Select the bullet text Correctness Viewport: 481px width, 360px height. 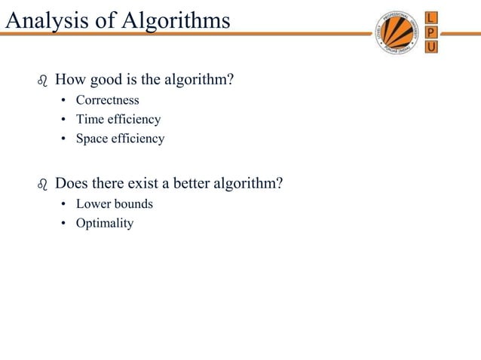point(107,100)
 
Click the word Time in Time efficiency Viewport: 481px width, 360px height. point(89,119)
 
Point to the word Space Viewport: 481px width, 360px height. point(92,139)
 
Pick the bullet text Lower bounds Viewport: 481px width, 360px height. point(114,204)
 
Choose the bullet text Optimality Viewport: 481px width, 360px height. point(104,223)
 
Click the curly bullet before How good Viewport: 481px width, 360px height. point(42,80)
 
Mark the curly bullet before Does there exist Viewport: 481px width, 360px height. point(42,184)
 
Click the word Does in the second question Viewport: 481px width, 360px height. point(72,183)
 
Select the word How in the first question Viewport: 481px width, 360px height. point(70,79)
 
